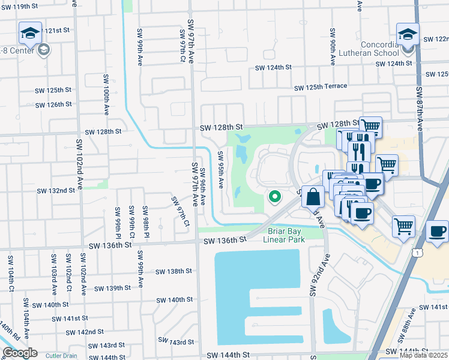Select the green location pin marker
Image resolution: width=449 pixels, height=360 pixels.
(x=275, y=196)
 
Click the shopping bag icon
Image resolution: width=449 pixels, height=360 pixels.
(x=313, y=196)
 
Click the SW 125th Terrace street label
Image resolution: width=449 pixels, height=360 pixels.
(x=321, y=86)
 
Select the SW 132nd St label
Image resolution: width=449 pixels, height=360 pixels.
(x=56, y=190)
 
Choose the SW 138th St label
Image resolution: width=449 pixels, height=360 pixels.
(x=173, y=271)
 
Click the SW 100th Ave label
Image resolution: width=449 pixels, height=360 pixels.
(x=106, y=94)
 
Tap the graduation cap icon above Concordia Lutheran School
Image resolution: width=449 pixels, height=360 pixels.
(x=408, y=34)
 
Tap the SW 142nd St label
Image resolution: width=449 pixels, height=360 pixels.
(x=85, y=332)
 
